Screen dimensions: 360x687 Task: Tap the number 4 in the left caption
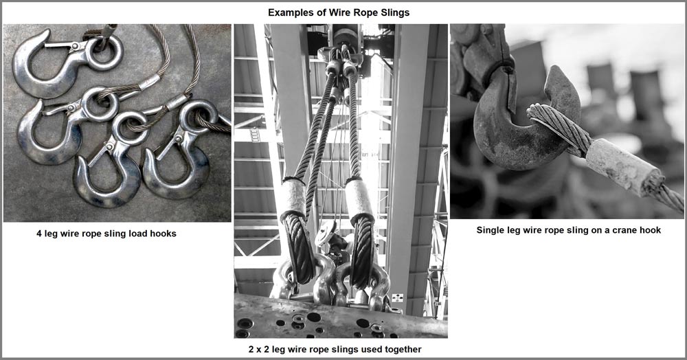39,234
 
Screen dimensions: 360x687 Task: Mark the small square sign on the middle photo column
397,297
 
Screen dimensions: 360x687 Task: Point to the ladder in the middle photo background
255,135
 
